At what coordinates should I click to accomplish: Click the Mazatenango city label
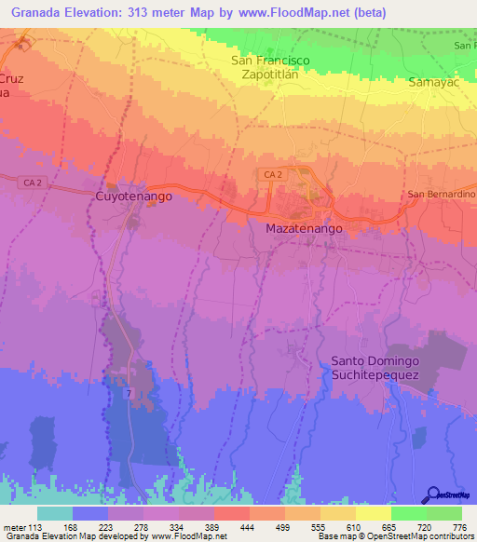point(304,228)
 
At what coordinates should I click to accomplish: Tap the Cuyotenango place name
point(133,197)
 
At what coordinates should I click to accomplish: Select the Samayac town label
point(433,83)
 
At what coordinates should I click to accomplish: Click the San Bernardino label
point(442,194)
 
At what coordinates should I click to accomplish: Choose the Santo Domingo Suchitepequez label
point(375,367)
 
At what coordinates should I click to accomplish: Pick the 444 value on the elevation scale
point(249,526)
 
